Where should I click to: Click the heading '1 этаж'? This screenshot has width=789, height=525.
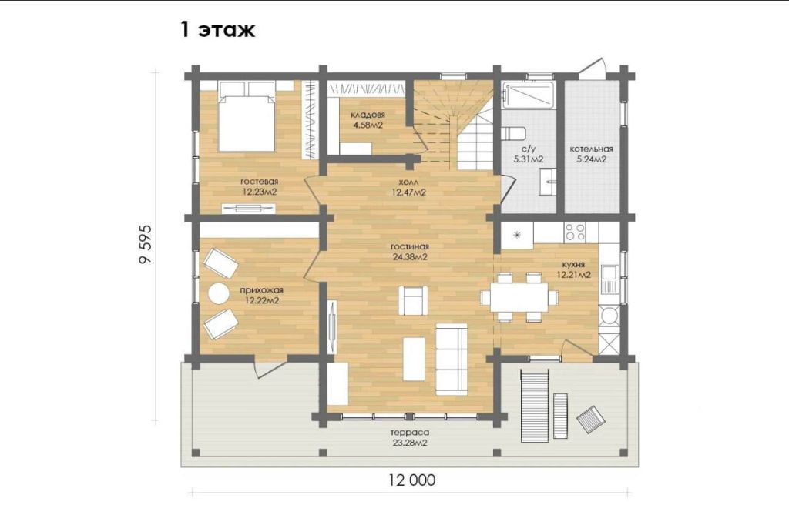(x=217, y=30)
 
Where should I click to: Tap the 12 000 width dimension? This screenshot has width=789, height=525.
(x=411, y=480)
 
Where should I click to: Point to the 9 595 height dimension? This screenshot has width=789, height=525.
(x=145, y=244)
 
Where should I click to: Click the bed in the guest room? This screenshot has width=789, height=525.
(x=247, y=116)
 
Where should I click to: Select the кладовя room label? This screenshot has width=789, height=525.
(x=368, y=115)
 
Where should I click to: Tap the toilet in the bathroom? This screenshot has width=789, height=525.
(x=514, y=134)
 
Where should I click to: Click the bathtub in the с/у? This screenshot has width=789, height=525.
(x=528, y=94)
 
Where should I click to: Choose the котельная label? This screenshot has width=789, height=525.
(x=591, y=149)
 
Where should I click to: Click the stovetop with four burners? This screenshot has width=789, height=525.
(x=575, y=232)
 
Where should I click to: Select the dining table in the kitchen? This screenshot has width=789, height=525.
(x=519, y=297)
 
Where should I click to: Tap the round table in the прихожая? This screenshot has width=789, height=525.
(x=219, y=294)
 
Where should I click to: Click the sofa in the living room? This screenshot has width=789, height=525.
(x=452, y=359)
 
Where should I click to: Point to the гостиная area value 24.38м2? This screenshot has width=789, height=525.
(x=410, y=257)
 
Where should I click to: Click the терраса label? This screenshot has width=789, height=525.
(x=410, y=433)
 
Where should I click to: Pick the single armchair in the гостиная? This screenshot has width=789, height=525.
(x=413, y=300)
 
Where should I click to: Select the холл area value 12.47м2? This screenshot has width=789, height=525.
(x=409, y=192)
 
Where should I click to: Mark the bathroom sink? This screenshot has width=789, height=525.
(x=548, y=181)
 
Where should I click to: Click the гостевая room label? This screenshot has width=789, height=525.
(x=259, y=182)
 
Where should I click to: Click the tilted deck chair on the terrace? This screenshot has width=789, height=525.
(x=591, y=419)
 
